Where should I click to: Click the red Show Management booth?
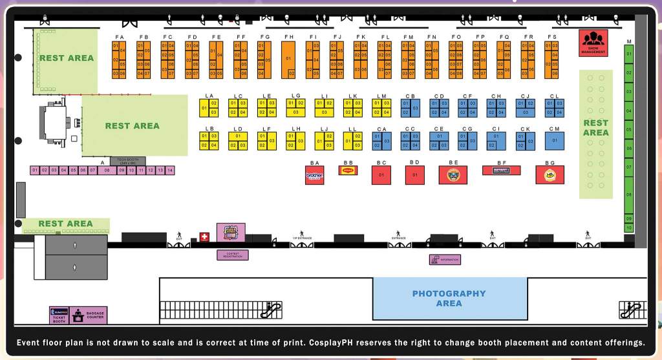(x=593, y=43)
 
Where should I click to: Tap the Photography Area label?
(x=449, y=298)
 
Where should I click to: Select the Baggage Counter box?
(x=89, y=315)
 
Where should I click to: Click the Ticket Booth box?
(x=59, y=315)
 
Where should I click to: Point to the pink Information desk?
(x=445, y=260)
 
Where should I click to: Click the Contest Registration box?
(x=232, y=255)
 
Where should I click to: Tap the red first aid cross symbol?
(x=205, y=237)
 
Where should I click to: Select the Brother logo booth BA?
(x=314, y=175)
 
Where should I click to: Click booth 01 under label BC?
(x=381, y=175)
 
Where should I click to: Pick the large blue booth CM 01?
(x=554, y=140)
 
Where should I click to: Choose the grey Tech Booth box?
(x=127, y=161)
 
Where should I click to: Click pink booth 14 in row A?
(x=170, y=170)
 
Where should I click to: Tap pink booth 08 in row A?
(x=107, y=170)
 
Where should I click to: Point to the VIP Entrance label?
(x=301, y=238)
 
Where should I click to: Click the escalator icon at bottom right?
(x=632, y=310)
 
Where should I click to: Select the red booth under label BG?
(x=550, y=175)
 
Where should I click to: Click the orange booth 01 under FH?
(x=288, y=59)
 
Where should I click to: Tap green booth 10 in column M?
(x=628, y=228)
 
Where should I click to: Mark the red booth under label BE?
(x=453, y=175)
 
